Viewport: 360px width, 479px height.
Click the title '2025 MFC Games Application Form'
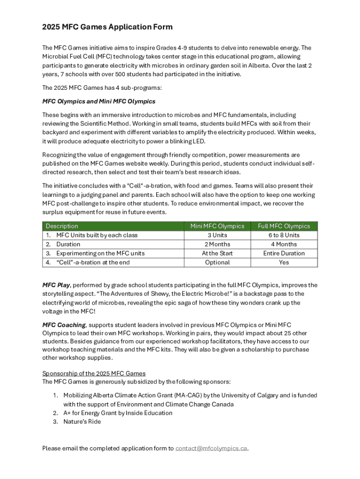click(x=107, y=27)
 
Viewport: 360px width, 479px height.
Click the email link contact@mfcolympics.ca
click(x=211, y=449)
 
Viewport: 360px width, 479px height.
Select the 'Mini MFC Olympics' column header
click(x=217, y=226)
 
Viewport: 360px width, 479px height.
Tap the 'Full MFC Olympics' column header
click(x=284, y=226)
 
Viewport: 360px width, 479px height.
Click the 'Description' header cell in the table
click(x=62, y=226)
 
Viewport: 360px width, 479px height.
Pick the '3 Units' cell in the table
click(x=217, y=235)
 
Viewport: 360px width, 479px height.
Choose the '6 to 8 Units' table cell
click(x=284, y=235)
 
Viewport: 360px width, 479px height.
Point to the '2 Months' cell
click(x=217, y=244)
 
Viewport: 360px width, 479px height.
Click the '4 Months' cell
click(x=284, y=244)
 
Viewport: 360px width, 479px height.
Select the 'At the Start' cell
click(x=217, y=253)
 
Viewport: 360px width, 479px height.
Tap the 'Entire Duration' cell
click(x=284, y=253)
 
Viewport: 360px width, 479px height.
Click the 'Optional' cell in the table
click(x=217, y=262)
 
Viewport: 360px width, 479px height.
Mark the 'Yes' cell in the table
click(x=284, y=262)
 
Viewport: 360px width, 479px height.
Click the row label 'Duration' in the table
click(x=68, y=244)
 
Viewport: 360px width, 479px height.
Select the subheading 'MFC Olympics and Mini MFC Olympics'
click(x=99, y=101)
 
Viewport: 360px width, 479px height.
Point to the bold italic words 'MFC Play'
click(x=56, y=285)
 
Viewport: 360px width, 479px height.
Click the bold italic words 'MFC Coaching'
click(x=64, y=325)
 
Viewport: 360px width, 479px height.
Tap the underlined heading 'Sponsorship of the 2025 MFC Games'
click(x=94, y=373)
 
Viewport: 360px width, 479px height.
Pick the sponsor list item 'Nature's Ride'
click(x=82, y=421)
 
